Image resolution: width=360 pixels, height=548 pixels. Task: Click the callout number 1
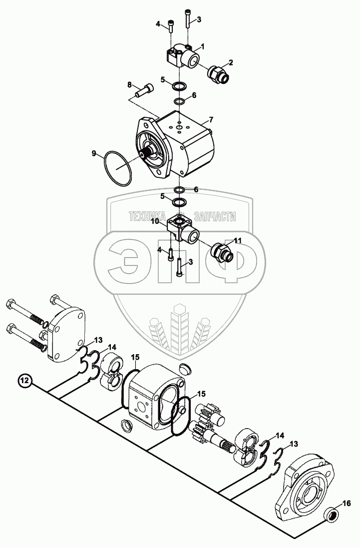tap(204, 46)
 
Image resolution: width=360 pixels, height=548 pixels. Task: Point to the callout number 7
tap(211, 120)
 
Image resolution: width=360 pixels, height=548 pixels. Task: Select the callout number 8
tap(129, 84)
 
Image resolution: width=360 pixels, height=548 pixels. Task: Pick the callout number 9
tap(94, 154)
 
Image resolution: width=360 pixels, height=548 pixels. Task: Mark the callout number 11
tap(238, 240)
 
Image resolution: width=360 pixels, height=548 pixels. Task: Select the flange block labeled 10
tap(184, 227)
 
